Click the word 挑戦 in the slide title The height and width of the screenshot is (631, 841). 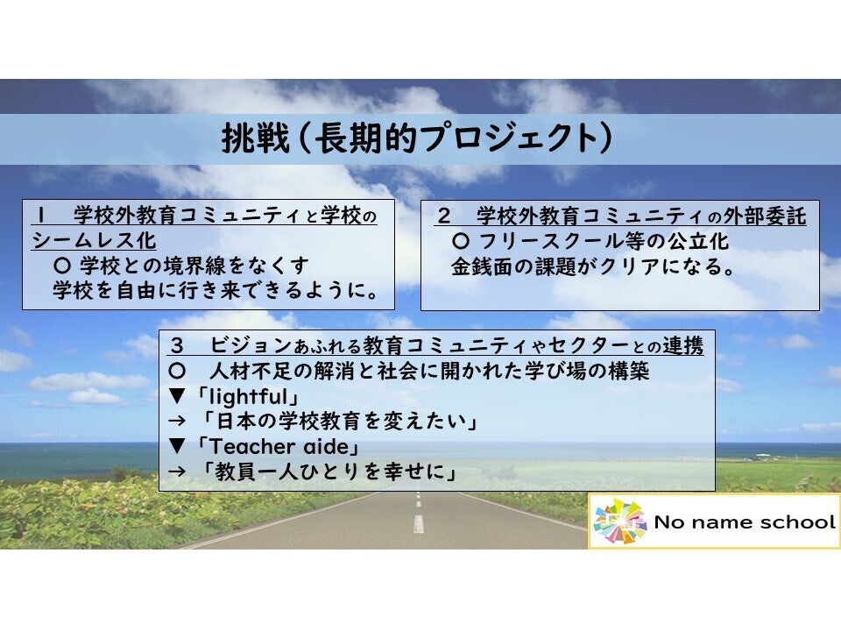click(256, 138)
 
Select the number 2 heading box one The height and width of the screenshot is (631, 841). click(443, 216)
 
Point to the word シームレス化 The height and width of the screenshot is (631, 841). click(94, 240)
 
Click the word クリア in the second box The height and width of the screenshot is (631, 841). click(631, 266)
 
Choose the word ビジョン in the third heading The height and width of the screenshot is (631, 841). click(251, 345)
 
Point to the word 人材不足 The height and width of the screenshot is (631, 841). click(251, 371)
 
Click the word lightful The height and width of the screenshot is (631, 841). click(248, 397)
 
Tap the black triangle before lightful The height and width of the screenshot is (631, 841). click(177, 396)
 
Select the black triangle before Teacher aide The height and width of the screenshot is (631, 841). click(177, 446)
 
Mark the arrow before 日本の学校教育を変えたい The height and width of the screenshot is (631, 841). click(177, 422)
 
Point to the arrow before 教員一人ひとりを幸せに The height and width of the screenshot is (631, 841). click(177, 471)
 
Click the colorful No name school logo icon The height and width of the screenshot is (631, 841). click(619, 521)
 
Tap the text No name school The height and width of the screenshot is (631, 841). click(745, 521)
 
